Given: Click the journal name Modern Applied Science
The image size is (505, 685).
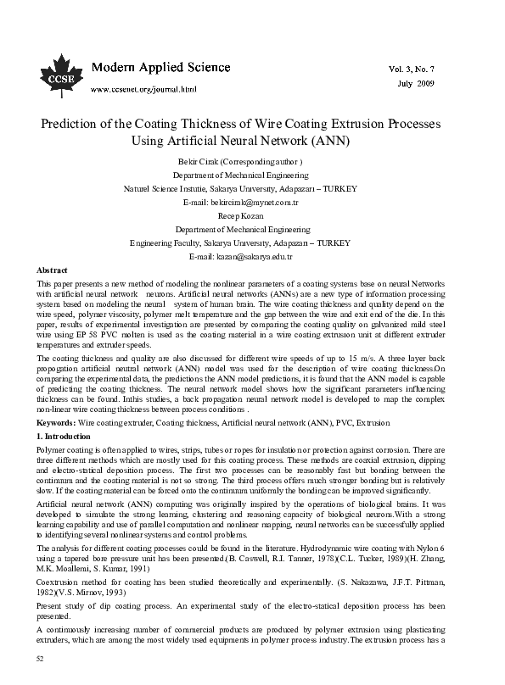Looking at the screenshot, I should tap(156, 67).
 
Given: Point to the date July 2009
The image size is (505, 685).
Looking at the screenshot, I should tap(415, 85).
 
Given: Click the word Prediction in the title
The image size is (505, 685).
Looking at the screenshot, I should tap(74, 124).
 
